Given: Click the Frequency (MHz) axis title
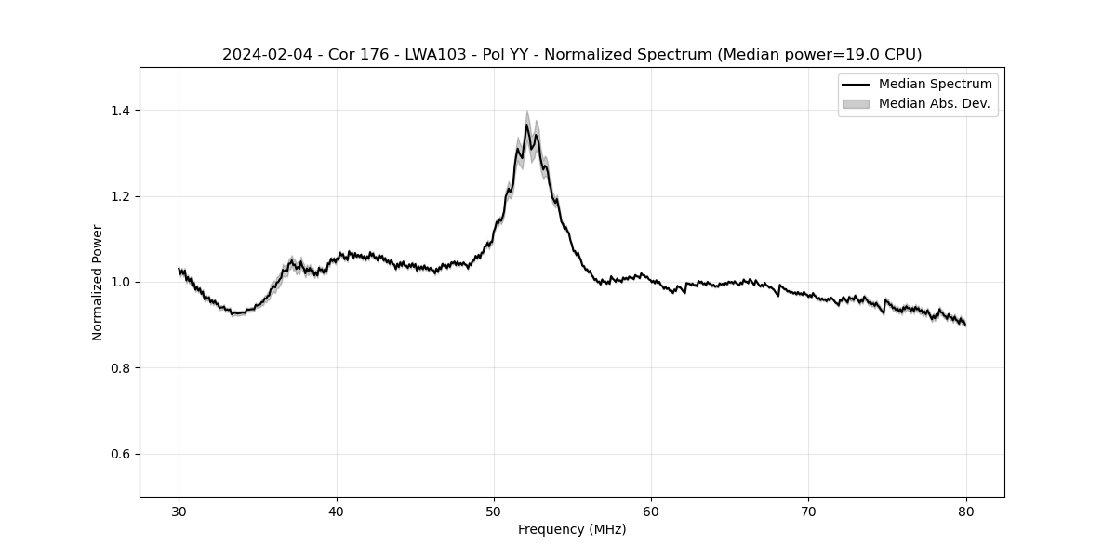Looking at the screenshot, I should [572, 529].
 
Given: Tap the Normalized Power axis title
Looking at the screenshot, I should [98, 282].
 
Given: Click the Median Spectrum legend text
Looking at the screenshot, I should [935, 85].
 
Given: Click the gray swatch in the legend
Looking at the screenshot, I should [856, 103].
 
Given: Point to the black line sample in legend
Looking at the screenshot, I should [856, 85].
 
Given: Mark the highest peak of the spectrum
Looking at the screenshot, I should [526, 125].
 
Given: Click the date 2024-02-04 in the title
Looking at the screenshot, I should [260, 55].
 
